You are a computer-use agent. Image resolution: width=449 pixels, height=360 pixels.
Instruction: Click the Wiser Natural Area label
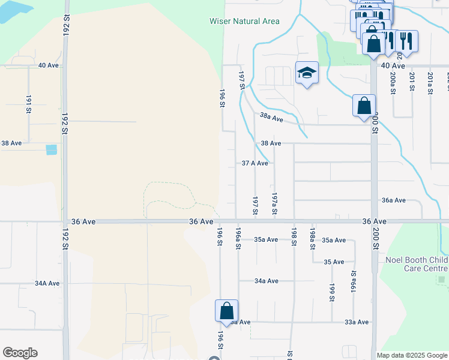tap(244, 22)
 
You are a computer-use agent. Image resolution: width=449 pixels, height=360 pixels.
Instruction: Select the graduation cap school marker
tap(307, 73)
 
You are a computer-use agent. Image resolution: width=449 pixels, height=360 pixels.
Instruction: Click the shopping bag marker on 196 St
tap(226, 311)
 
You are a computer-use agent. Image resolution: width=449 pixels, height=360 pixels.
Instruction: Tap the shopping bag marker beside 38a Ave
tap(364, 106)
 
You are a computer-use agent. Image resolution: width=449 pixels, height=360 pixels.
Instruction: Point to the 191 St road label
tap(28, 104)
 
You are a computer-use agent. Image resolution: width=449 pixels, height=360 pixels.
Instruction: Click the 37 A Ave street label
tap(255, 163)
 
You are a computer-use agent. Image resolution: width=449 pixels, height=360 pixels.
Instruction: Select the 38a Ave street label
tap(271, 118)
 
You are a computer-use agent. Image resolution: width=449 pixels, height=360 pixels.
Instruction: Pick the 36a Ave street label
tap(394, 200)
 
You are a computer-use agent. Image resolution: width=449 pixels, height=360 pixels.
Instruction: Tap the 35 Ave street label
tap(334, 262)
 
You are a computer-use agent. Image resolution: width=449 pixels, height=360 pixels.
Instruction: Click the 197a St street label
tap(274, 203)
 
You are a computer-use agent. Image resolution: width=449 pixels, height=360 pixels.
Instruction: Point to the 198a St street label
tap(313, 238)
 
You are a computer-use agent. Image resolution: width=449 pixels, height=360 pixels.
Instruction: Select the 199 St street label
tap(331, 292)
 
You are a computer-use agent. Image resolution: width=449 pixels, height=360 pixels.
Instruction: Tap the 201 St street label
tap(412, 81)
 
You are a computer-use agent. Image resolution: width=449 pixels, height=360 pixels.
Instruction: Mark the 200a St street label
tap(393, 82)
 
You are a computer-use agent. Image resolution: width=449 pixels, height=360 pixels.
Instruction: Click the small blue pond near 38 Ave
tap(52, 149)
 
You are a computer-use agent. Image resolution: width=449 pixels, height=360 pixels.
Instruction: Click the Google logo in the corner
tap(20, 353)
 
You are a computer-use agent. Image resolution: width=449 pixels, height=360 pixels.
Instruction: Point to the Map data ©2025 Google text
tap(411, 355)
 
